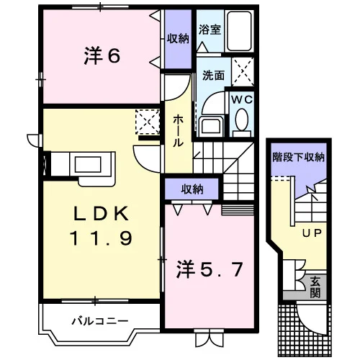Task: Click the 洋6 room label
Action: click(102, 56)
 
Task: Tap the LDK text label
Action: click(101, 213)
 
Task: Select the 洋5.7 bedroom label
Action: click(210, 270)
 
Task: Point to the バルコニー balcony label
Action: click(100, 321)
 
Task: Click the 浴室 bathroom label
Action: click(210, 30)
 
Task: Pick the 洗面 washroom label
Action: click(213, 76)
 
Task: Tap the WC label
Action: click(242, 99)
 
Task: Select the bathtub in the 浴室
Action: click(239, 31)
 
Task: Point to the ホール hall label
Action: click(178, 130)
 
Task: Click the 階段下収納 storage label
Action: click(299, 157)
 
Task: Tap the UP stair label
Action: click(312, 233)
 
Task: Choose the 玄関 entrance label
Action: click(315, 287)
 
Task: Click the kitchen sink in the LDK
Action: click(88, 164)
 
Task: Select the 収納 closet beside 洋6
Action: click(178, 39)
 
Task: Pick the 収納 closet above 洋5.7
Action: click(192, 189)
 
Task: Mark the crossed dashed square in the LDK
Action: click(148, 122)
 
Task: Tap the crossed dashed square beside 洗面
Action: click(243, 72)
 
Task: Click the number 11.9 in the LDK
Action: click(101, 238)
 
